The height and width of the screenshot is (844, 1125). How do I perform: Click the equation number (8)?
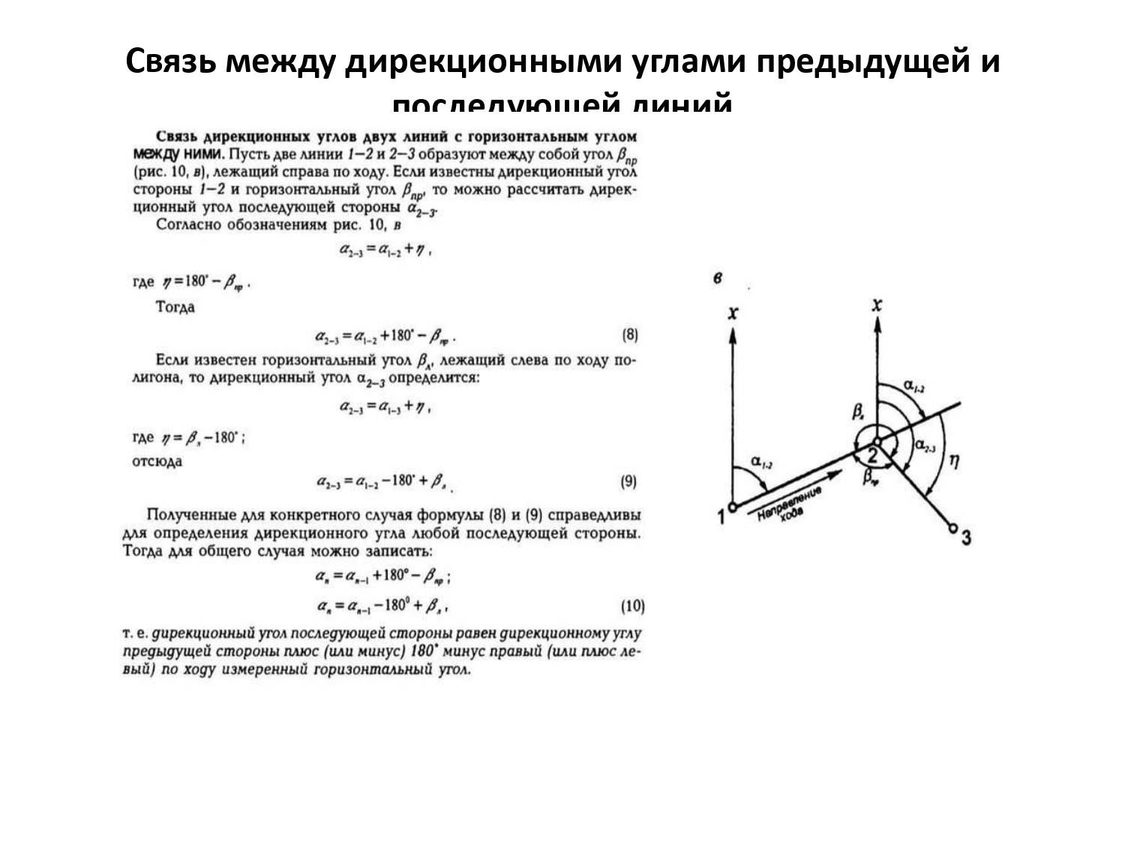coord(630,335)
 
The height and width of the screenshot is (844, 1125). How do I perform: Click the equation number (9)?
coord(628,482)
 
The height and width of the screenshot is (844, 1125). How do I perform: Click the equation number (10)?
coord(632,605)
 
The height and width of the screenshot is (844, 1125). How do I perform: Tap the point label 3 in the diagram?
coord(966,537)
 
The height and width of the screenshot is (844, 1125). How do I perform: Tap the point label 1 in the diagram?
coord(721,516)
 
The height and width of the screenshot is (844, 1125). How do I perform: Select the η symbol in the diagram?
coord(953,461)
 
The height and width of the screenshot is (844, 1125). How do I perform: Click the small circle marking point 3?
coord(952,527)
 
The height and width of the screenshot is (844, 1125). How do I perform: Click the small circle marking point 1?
coord(732,508)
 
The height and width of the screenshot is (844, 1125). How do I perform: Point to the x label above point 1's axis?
coord(733,312)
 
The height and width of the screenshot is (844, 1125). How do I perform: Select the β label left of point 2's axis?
coord(858,412)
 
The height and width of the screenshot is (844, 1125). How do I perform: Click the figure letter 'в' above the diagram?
coord(718,278)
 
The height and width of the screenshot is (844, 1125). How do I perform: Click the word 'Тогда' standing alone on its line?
coord(175,307)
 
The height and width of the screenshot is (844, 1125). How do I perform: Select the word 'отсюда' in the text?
coord(157,461)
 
